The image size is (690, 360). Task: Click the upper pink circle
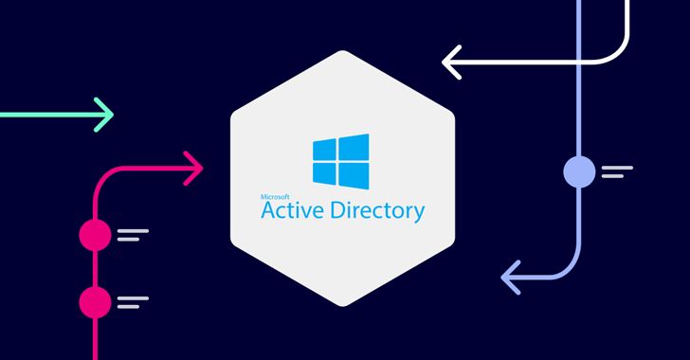pyautogui.click(x=95, y=235)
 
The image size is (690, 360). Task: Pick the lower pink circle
pyautogui.click(x=95, y=302)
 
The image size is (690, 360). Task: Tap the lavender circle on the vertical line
pyautogui.click(x=579, y=171)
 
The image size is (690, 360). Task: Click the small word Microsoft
pyautogui.click(x=275, y=197)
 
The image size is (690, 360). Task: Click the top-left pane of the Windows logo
pyautogui.click(x=324, y=149)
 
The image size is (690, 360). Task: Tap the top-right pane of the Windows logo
pyautogui.click(x=354, y=147)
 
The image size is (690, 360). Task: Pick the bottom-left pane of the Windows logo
pyautogui.click(x=324, y=173)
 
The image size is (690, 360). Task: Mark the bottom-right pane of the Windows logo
pyautogui.click(x=354, y=176)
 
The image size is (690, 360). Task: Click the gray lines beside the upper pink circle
pyautogui.click(x=133, y=235)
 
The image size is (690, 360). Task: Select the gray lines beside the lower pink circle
pyautogui.click(x=133, y=302)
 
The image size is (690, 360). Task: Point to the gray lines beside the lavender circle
pyautogui.click(x=617, y=171)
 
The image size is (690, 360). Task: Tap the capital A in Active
pyautogui.click(x=269, y=210)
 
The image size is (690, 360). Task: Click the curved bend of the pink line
pyautogui.click(x=103, y=176)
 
